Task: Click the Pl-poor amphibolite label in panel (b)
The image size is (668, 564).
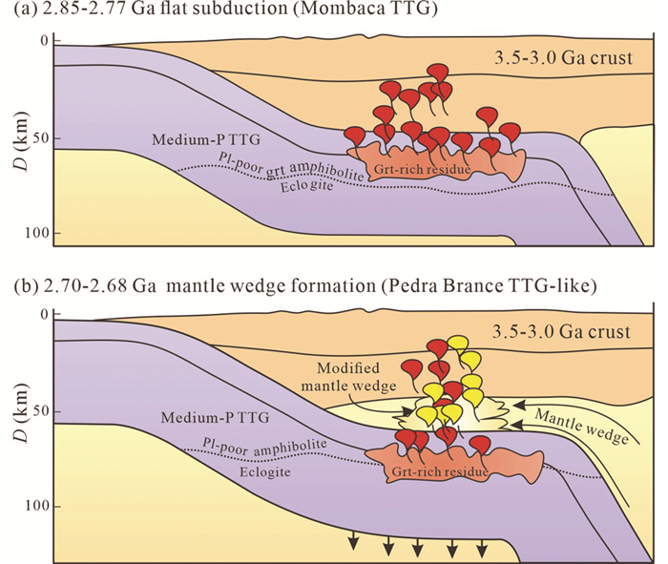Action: click(x=263, y=445)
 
